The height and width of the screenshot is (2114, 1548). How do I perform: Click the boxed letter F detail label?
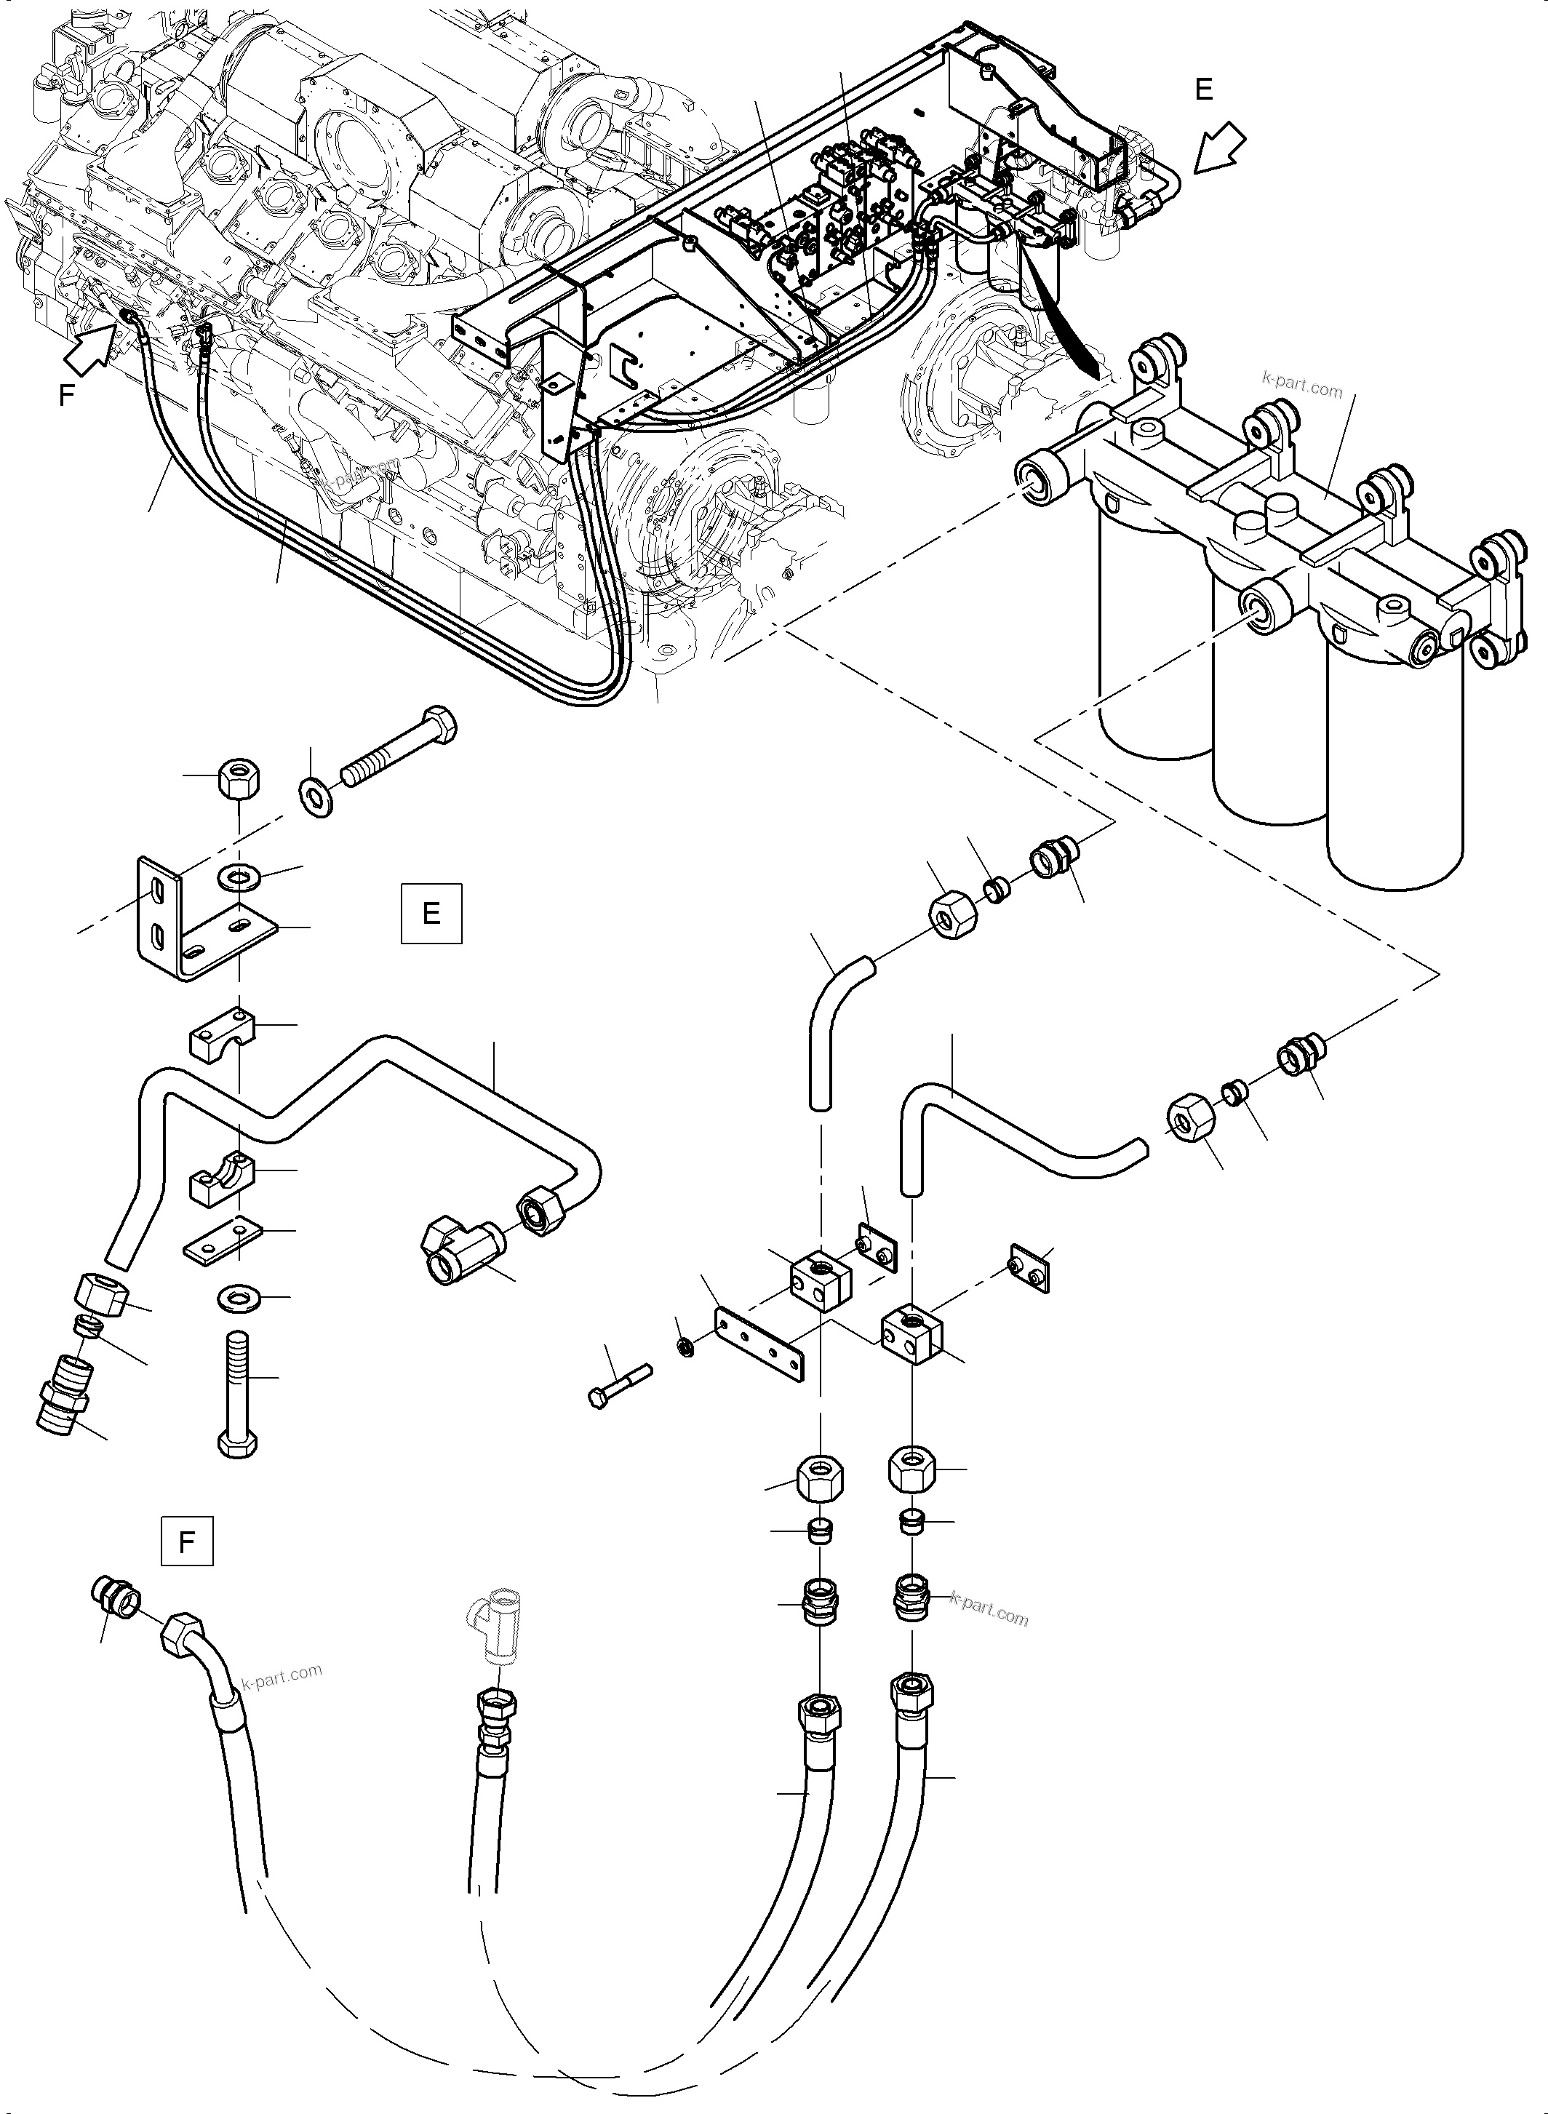[186, 1541]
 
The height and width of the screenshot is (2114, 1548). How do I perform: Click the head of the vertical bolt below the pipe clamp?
[237, 1443]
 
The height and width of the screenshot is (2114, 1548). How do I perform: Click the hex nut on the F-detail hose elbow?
[181, 1635]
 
